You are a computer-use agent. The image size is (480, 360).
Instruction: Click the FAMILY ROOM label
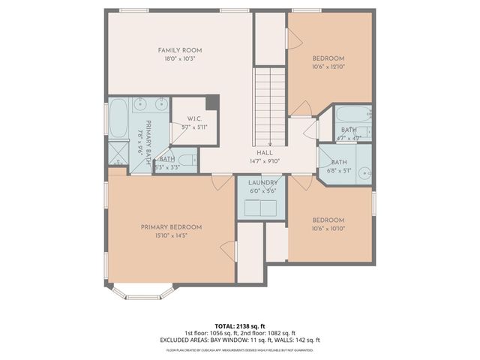tap(179, 50)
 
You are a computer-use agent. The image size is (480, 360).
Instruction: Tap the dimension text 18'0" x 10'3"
tap(179, 59)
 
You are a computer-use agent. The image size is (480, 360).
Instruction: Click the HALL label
tap(265, 152)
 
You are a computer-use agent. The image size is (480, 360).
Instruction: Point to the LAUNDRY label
tap(262, 182)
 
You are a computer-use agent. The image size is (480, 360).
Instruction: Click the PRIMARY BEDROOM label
tap(171, 226)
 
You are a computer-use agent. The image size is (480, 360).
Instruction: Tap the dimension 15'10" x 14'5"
tap(171, 235)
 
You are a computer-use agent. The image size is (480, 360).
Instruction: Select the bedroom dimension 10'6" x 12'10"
tap(328, 67)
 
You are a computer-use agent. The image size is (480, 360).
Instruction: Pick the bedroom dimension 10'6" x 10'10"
tap(328, 229)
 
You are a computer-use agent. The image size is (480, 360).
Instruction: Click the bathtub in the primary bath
tap(118, 120)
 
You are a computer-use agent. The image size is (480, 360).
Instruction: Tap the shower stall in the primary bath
tap(118, 154)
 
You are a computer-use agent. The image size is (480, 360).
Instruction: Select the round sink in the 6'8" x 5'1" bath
tap(363, 172)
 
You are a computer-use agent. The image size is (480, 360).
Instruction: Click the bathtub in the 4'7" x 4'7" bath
tap(352, 115)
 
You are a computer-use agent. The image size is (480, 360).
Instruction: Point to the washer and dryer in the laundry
tap(262, 208)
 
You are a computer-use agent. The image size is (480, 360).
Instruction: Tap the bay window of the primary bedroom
tap(142, 293)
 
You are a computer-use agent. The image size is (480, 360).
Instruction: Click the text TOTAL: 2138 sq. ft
tap(239, 325)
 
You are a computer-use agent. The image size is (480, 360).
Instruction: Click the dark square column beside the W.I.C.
tap(212, 102)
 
